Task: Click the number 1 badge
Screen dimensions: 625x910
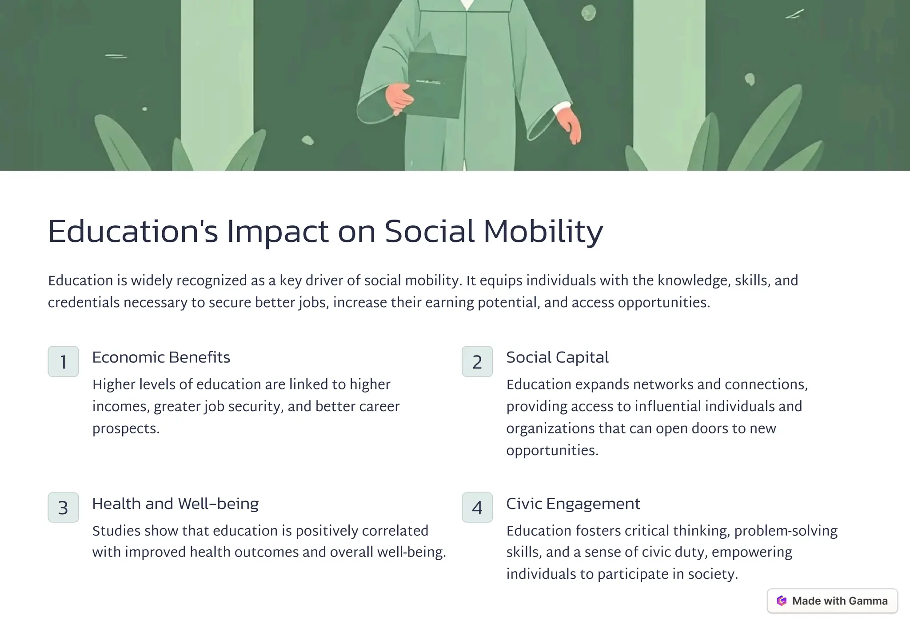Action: click(63, 361)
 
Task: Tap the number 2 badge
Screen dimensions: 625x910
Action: click(477, 361)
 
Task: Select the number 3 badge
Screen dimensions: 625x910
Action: click(63, 507)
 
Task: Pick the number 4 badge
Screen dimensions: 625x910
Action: click(477, 507)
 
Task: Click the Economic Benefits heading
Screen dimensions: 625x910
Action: click(161, 357)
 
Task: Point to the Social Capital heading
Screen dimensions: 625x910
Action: click(557, 357)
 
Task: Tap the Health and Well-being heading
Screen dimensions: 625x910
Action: click(175, 504)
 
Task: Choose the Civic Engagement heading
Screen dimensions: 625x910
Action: click(573, 504)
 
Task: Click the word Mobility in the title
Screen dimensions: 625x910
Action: click(543, 231)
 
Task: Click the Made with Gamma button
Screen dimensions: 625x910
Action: click(832, 601)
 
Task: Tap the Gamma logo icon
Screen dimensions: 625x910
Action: click(782, 601)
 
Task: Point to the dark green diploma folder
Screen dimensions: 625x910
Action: click(437, 84)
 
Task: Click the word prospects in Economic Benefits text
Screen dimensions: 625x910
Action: click(125, 429)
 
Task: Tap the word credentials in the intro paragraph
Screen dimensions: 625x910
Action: click(84, 303)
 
